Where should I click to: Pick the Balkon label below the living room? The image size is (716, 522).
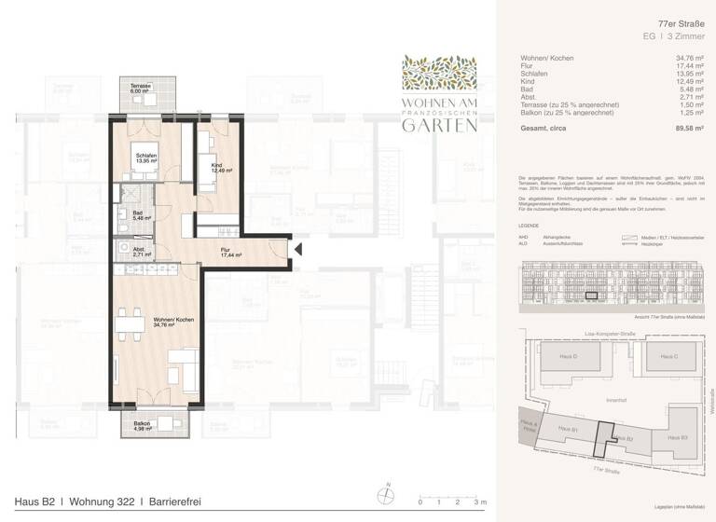click(142, 426)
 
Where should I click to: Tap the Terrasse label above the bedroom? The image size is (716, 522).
click(140, 88)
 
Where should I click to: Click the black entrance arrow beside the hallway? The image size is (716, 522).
click(299, 249)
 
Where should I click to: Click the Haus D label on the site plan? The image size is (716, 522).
click(568, 357)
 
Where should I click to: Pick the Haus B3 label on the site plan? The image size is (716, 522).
click(678, 436)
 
